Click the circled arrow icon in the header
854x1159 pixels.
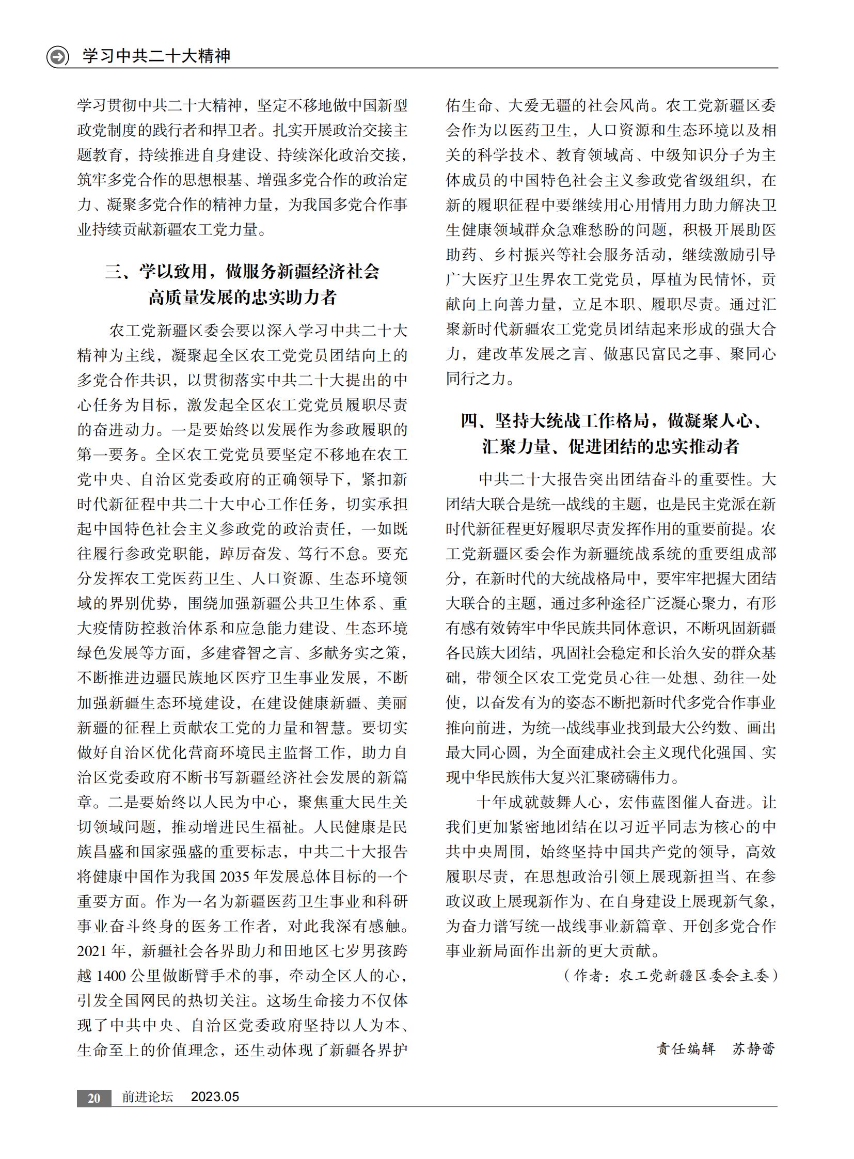57,56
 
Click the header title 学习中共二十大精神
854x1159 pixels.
156,56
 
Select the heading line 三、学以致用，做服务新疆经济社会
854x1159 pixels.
243,272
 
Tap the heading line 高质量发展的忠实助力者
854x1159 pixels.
243,297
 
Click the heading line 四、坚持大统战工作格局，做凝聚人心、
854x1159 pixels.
611,421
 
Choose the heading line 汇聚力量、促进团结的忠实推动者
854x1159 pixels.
611,446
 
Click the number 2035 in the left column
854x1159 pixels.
236,876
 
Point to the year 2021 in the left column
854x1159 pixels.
93,951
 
